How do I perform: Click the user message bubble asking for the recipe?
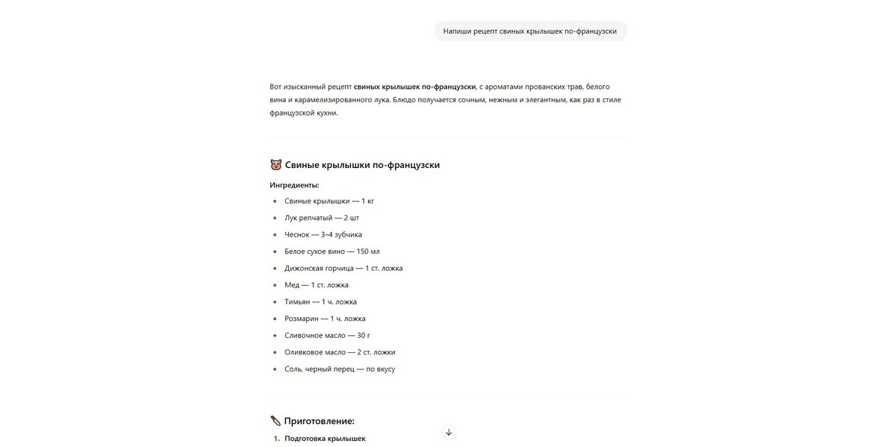click(530, 31)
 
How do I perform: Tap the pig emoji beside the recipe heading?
click(276, 165)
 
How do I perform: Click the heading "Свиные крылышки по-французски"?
click(362, 165)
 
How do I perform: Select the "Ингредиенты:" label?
click(294, 185)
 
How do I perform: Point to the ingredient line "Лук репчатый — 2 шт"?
click(322, 218)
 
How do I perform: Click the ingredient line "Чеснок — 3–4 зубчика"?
click(323, 234)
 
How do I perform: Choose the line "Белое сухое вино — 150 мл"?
click(332, 251)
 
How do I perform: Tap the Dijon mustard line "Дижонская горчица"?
click(343, 268)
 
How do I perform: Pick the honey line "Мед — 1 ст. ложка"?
click(317, 285)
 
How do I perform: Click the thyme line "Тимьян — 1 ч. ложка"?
click(320, 301)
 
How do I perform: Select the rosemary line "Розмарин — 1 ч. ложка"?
click(325, 319)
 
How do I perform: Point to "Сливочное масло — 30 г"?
click(327, 336)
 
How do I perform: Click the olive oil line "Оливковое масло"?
click(340, 352)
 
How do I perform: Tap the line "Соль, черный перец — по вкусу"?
click(340, 369)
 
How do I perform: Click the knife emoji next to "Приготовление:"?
click(276, 421)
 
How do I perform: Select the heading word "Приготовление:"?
click(320, 421)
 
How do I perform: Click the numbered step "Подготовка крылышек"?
click(325, 439)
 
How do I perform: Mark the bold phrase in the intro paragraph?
click(414, 87)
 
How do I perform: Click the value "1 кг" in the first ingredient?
click(367, 201)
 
